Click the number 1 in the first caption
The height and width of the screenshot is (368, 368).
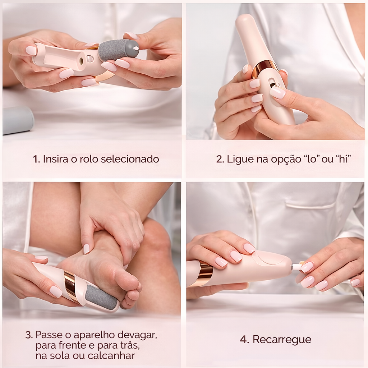36,159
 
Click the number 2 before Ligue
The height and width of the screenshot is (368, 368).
220,159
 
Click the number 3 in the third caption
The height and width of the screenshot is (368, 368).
29,335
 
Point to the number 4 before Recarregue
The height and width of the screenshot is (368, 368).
244,340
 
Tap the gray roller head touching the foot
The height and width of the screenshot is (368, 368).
101,296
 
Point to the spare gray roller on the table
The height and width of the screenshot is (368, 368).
17,120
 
